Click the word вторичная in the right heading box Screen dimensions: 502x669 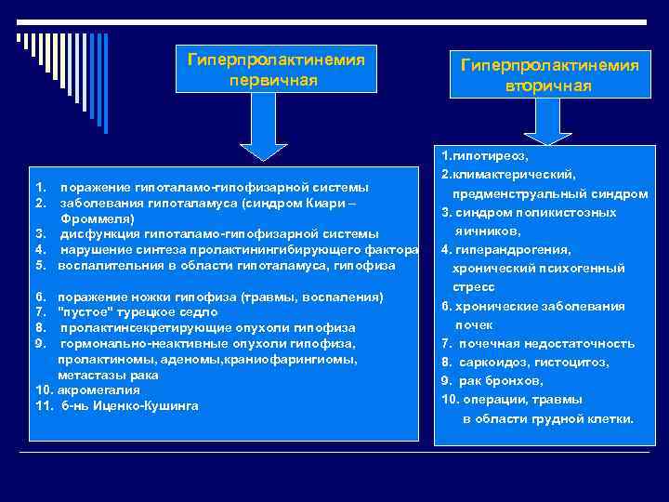click(x=548, y=86)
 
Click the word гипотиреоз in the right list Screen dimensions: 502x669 click(x=489, y=155)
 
